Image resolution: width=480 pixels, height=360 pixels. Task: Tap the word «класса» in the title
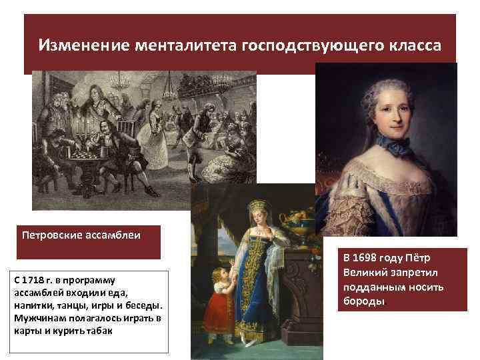pos(411,45)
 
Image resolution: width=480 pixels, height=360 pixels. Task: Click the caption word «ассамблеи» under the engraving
pos(115,236)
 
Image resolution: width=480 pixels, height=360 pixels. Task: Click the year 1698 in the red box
pos(368,257)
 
